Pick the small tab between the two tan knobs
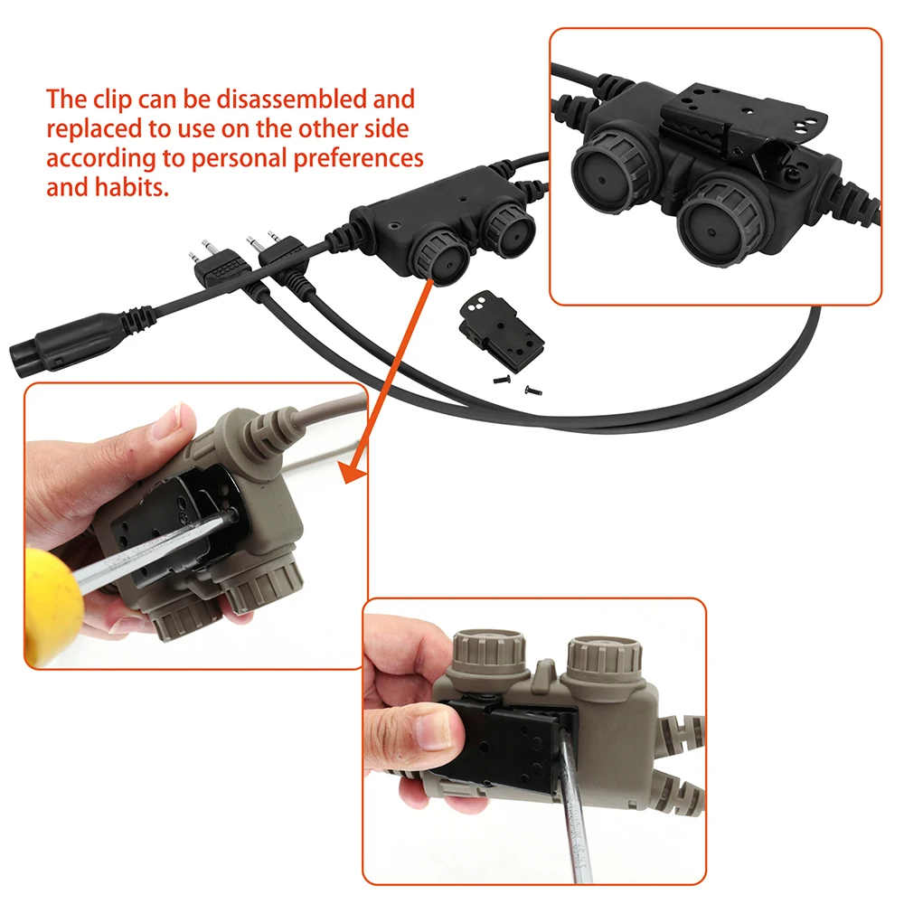pos(542,673)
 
